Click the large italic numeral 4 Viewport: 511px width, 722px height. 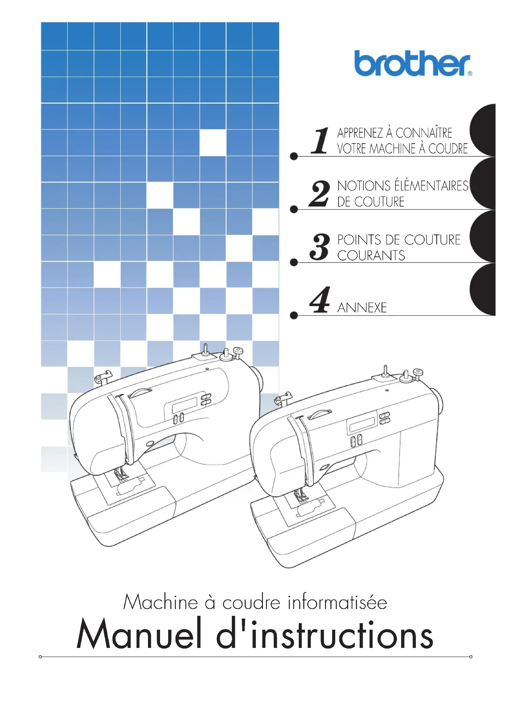319,300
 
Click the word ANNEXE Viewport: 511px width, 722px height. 362,308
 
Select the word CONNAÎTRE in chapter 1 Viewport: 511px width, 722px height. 424,133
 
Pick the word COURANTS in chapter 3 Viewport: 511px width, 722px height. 371,256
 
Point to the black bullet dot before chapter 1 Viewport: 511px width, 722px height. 294,156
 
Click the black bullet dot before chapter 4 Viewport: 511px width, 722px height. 294,315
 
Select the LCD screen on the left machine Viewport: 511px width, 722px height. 184,405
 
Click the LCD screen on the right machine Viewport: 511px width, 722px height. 362,425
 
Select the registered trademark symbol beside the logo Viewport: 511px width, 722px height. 470,74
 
